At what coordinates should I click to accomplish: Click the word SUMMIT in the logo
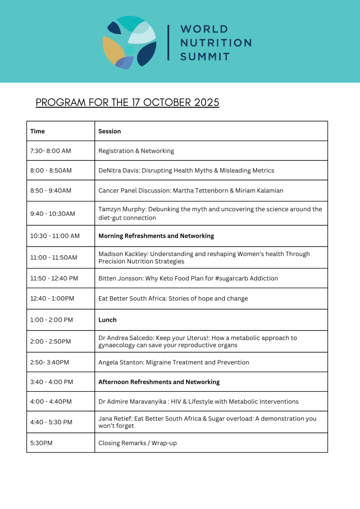[x=205, y=56]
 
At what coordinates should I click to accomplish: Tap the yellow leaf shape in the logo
[x=113, y=50]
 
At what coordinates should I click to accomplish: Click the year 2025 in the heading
[x=200, y=102]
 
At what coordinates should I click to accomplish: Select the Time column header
[x=37, y=131]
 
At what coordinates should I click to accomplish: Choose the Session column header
[x=109, y=131]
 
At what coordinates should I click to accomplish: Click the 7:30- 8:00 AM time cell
[x=51, y=151]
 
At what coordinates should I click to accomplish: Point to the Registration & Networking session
[x=136, y=151]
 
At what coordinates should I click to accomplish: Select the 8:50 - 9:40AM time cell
[x=51, y=190]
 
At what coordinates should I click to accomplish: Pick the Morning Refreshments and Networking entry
[x=156, y=236]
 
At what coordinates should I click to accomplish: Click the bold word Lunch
[x=107, y=320]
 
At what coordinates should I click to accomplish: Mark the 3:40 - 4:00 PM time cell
[x=52, y=382]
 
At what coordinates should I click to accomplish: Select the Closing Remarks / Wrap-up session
[x=137, y=442]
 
